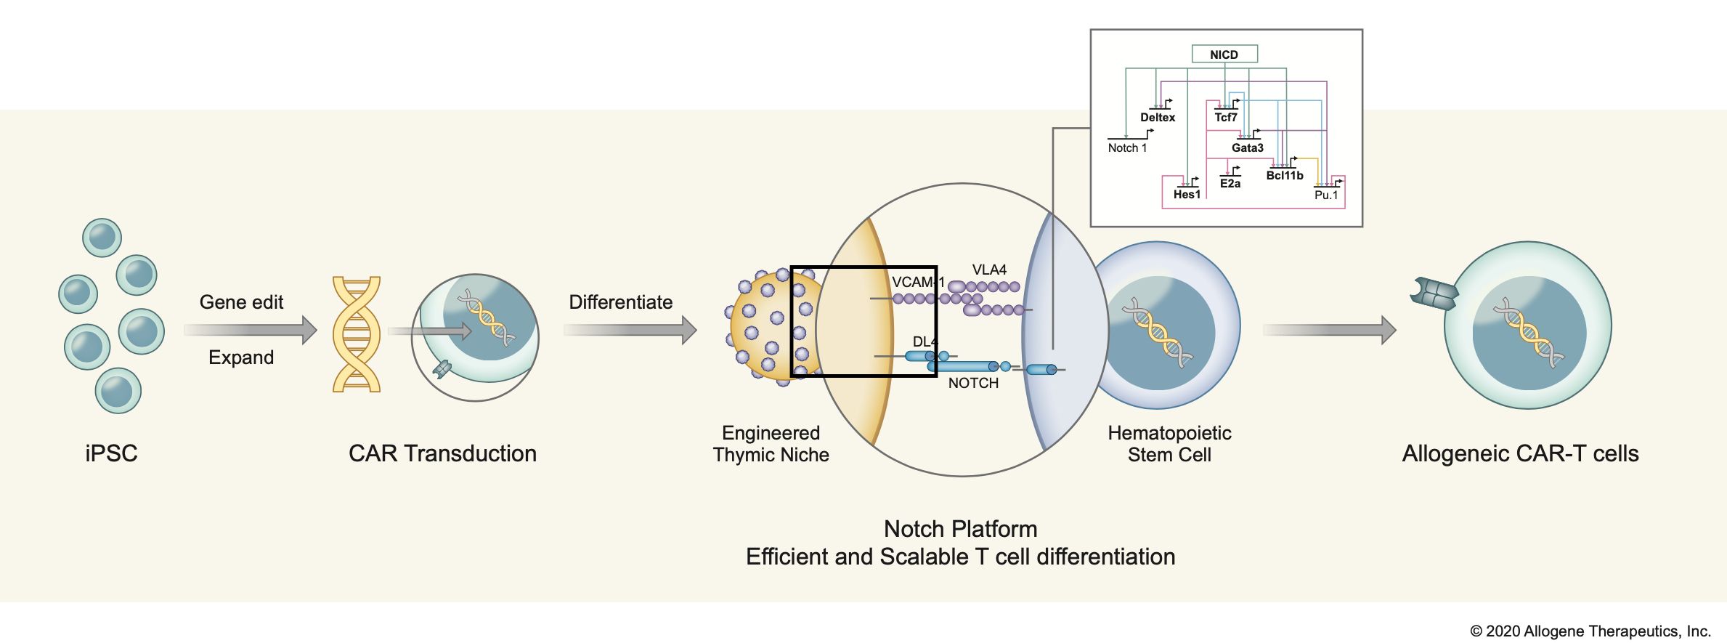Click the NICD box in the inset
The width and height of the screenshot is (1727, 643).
[x=1224, y=54]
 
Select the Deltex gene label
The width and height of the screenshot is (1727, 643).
[x=1158, y=118]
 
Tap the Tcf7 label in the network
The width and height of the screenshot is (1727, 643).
[x=1226, y=118]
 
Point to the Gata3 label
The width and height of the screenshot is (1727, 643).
[x=1248, y=148]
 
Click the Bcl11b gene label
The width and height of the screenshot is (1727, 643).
[x=1285, y=176]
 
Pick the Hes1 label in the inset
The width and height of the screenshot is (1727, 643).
[x=1187, y=195]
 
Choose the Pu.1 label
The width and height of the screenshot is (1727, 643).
[x=1326, y=195]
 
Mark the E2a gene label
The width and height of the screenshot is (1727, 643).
[x=1230, y=184]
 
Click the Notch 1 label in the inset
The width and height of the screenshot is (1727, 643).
[x=1127, y=148]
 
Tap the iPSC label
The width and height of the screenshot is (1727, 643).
[x=111, y=453]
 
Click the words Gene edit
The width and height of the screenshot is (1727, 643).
[x=241, y=302]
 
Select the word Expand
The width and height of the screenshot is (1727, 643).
[x=241, y=357]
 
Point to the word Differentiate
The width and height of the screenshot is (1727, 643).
[x=621, y=302]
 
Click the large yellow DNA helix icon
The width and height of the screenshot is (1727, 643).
[x=357, y=334]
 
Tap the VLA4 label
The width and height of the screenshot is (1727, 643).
[x=989, y=270]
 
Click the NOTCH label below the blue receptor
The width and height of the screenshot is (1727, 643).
[x=973, y=384]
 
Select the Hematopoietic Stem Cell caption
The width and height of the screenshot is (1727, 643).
[x=1169, y=444]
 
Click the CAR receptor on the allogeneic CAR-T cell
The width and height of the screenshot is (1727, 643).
[x=1434, y=294]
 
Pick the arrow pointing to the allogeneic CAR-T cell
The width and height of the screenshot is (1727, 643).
[x=1329, y=330]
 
